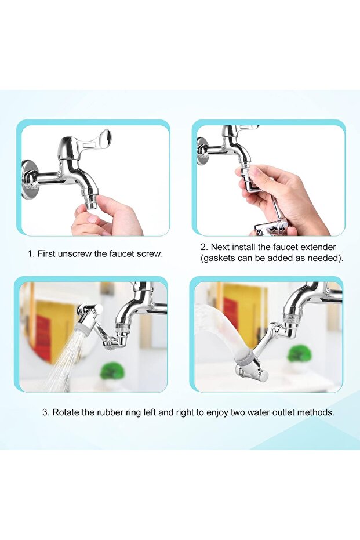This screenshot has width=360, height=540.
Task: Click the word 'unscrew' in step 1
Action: [75, 254]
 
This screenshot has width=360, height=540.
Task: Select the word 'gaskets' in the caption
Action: [219, 258]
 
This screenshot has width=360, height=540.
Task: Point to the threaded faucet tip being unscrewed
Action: [90, 201]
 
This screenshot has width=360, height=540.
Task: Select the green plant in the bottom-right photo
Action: [299, 354]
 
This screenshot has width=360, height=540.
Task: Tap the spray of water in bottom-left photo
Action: [68, 363]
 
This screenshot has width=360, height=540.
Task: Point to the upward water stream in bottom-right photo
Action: [220, 331]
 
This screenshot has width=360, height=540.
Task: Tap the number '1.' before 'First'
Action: [31, 254]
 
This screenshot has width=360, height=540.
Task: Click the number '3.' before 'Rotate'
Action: [46, 412]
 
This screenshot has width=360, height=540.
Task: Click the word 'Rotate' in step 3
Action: [66, 412]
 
